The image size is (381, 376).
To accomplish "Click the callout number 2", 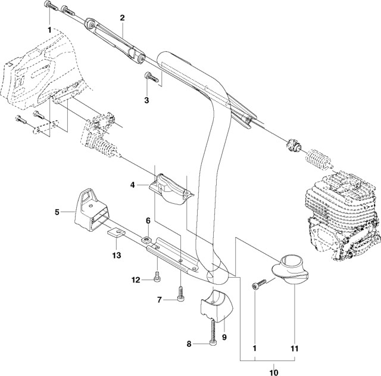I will [x=122, y=17].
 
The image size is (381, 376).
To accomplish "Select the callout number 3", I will [x=146, y=101].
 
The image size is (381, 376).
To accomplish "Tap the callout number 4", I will [x=133, y=185].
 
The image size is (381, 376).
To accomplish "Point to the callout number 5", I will [x=57, y=212].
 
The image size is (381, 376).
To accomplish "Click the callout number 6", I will [x=148, y=220].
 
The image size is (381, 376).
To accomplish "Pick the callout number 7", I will [x=160, y=300].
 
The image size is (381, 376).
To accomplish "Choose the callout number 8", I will [x=189, y=344].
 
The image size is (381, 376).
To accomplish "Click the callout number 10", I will [x=274, y=372].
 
